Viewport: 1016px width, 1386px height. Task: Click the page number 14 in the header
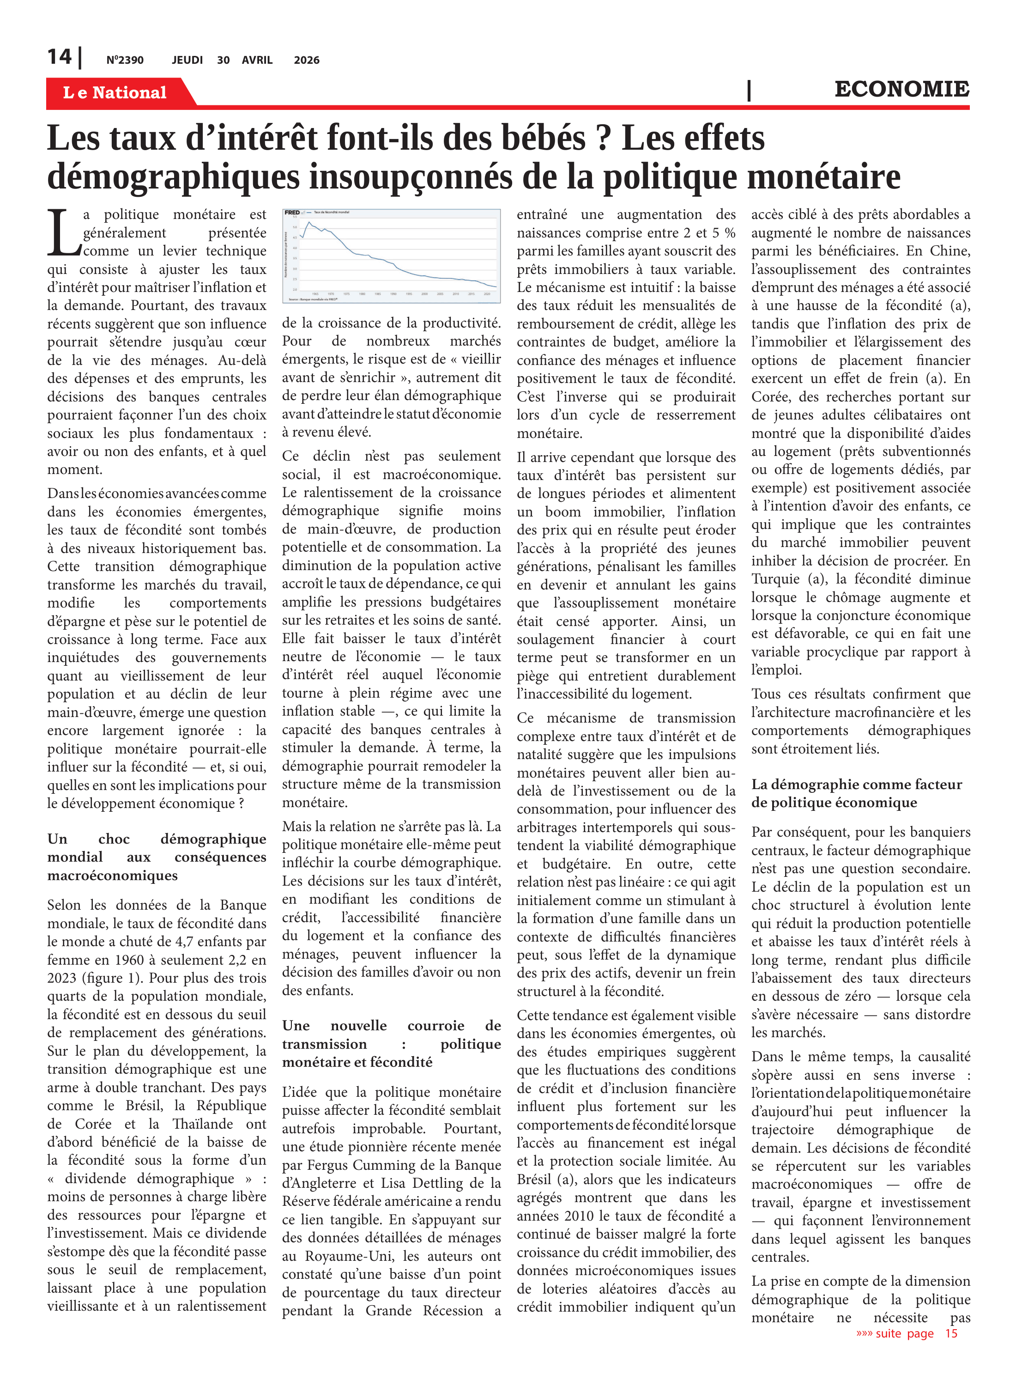(59, 57)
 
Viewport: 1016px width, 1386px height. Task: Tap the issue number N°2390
(125, 60)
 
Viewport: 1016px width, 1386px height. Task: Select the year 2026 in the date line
(306, 60)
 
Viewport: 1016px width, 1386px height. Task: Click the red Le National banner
(115, 92)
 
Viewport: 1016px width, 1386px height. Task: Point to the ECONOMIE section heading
(901, 89)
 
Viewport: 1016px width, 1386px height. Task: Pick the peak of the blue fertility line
(309, 223)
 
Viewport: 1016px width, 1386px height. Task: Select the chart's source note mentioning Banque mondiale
(313, 299)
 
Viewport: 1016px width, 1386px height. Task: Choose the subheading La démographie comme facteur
(857, 793)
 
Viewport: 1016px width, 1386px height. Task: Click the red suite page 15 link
(907, 1333)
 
